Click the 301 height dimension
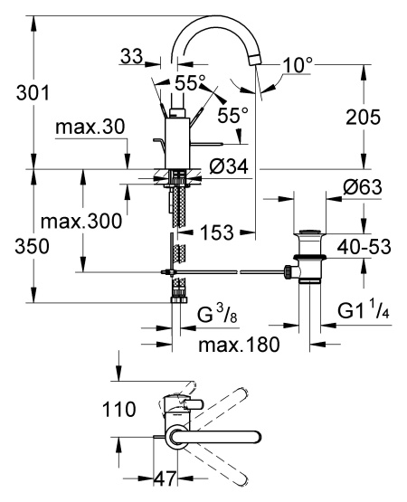pos(33,93)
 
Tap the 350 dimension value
pos(32,247)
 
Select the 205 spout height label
pos(363,118)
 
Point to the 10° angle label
pos(298,65)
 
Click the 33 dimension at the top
pos(131,57)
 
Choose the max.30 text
pos(90,128)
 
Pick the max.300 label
pos(81,222)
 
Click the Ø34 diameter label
pos(229,166)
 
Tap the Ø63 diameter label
pos(363,186)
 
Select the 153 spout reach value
pos(217,232)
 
